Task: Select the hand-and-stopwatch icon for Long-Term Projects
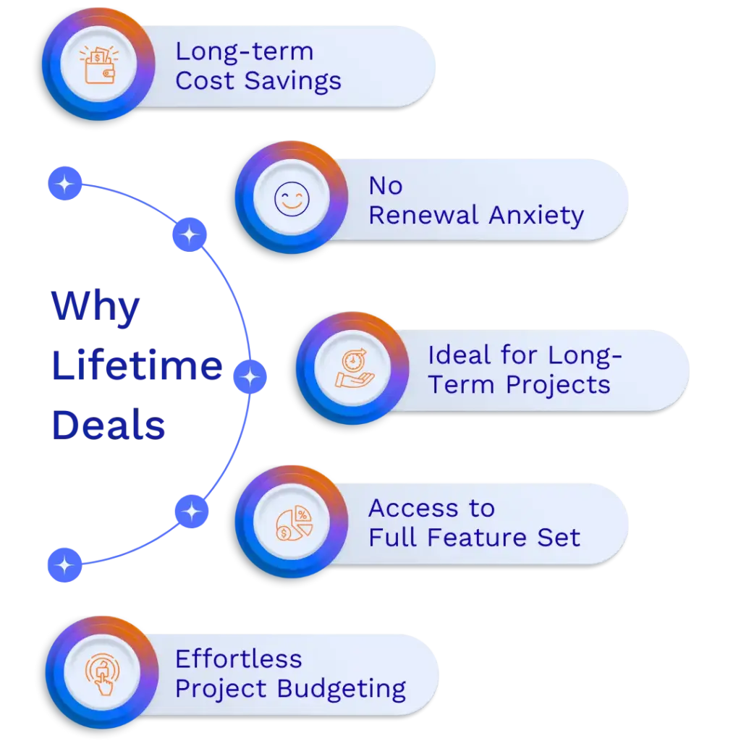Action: coord(352,368)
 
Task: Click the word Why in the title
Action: coord(95,306)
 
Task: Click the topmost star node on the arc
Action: coord(65,185)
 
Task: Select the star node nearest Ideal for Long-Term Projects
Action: coord(250,376)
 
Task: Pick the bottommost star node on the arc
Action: coord(64,564)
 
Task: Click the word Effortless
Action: coord(239,659)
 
